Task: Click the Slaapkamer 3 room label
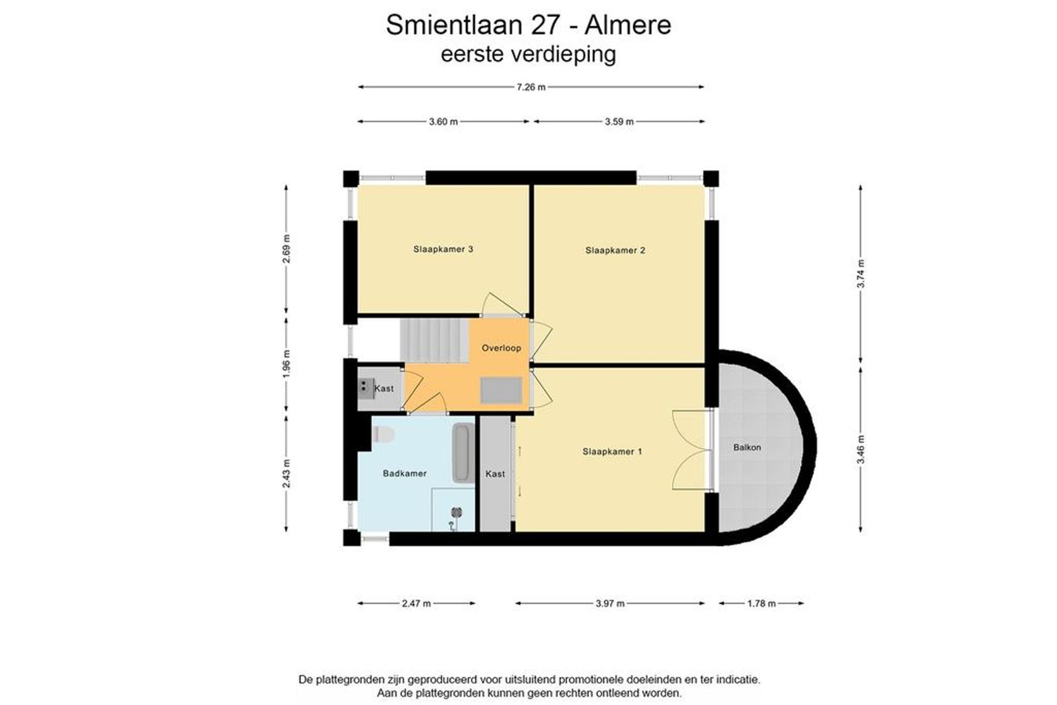point(443,249)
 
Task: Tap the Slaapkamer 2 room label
point(615,250)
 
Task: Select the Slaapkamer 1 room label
point(612,452)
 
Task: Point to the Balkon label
point(747,447)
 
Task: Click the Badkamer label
point(405,474)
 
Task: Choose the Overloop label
point(501,348)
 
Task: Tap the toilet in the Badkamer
point(383,434)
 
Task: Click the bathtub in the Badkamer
point(462,453)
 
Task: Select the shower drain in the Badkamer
point(456,512)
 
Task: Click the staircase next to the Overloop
point(435,341)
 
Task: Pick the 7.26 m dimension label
point(531,87)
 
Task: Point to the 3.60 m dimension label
point(443,122)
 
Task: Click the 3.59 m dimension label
point(619,122)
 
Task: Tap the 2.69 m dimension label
point(287,249)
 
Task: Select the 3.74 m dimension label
point(861,274)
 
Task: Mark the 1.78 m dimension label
point(761,604)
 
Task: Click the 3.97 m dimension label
point(610,604)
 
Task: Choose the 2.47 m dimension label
point(416,604)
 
